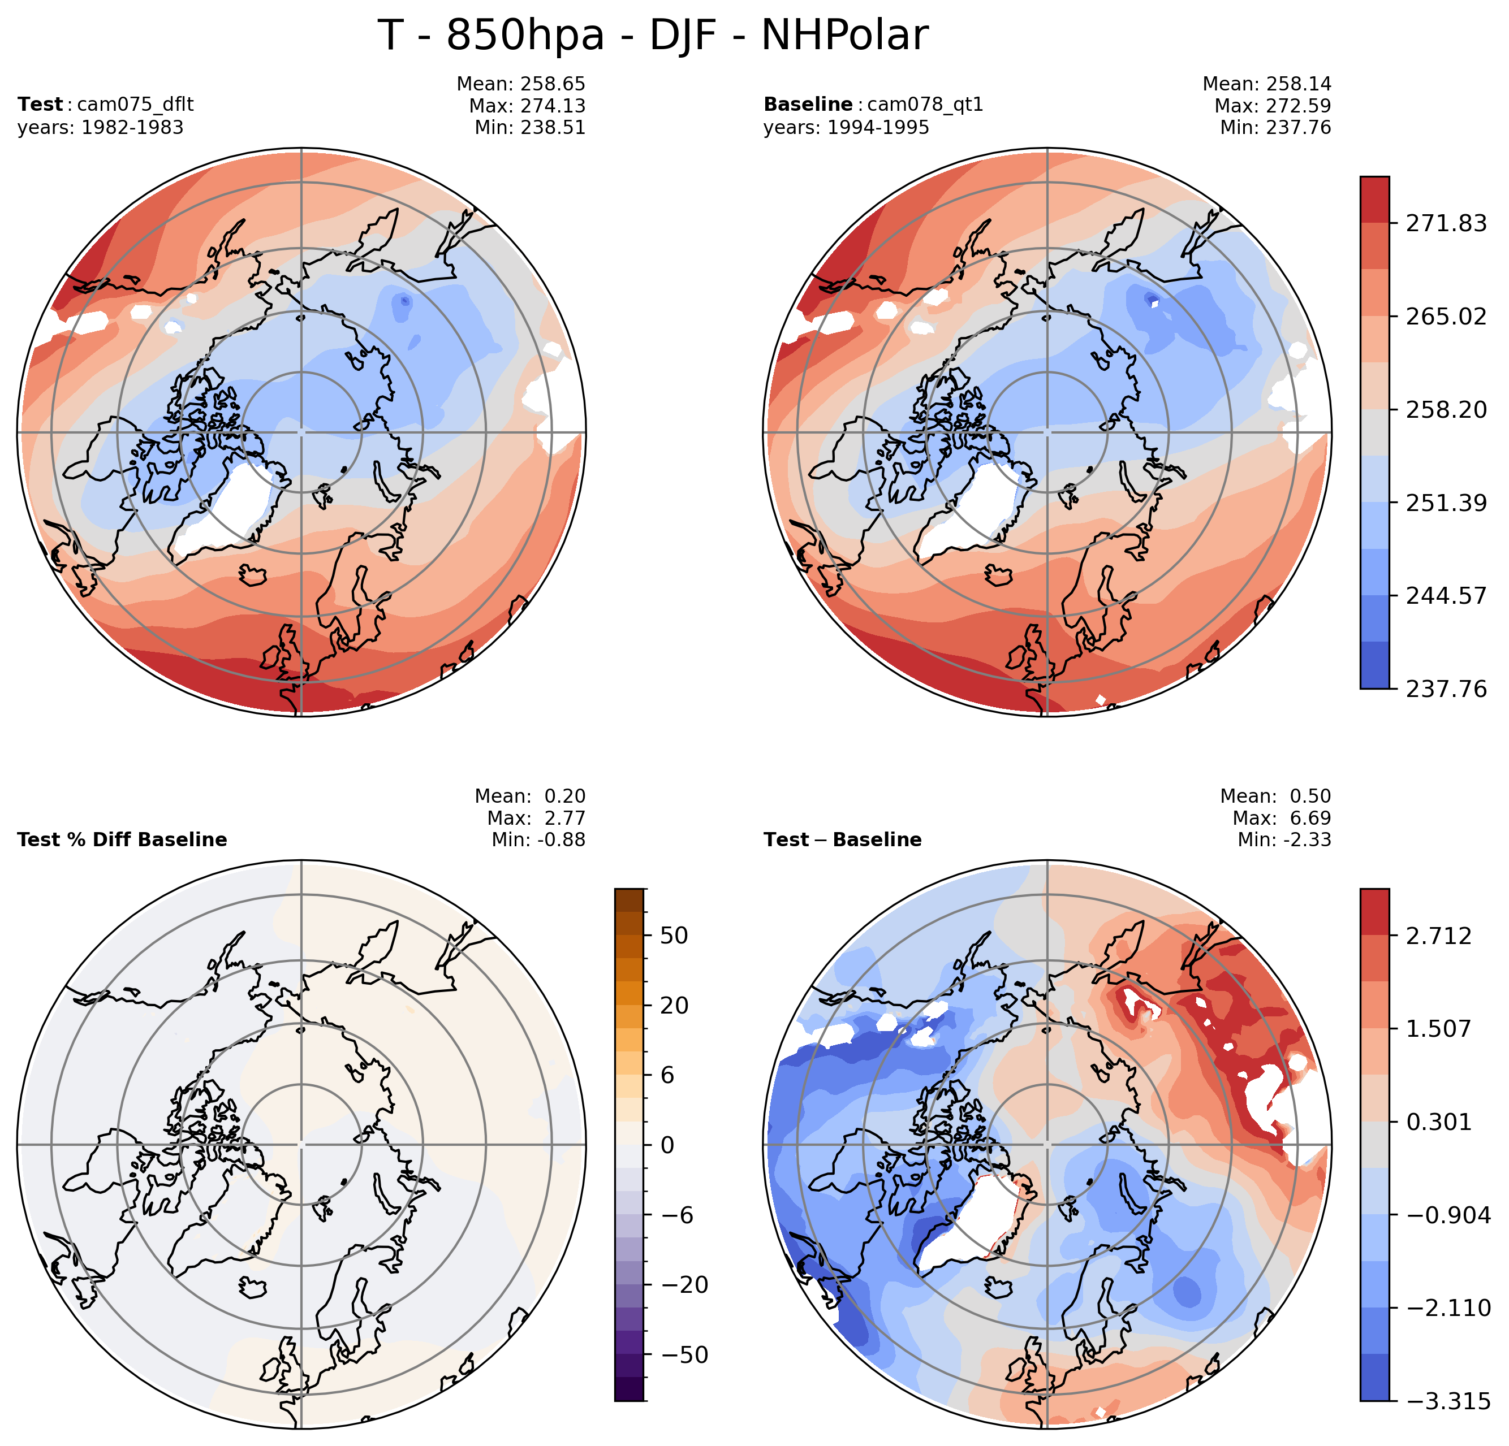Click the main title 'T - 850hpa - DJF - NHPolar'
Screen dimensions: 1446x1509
pos(653,36)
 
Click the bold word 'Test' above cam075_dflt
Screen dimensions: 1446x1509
pos(40,104)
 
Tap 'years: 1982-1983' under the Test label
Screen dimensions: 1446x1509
pos(100,127)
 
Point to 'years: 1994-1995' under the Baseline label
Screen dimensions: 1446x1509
pos(846,127)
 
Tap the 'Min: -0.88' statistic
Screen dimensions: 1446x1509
pos(538,839)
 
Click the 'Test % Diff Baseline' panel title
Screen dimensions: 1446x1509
pos(122,839)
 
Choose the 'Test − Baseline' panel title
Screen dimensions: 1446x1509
pos(842,839)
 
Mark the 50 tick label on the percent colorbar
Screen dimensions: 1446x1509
pos(674,936)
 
